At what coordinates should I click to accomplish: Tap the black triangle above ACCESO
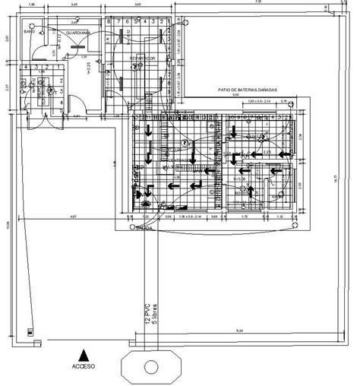point(84,353)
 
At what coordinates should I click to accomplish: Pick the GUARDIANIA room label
point(78,33)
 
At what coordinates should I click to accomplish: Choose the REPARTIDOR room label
point(142,57)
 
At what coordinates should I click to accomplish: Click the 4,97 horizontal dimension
point(73,218)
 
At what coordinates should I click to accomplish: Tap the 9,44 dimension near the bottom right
point(238,331)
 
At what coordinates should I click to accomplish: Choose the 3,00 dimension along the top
point(137,4)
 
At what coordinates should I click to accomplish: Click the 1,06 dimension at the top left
point(32,4)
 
